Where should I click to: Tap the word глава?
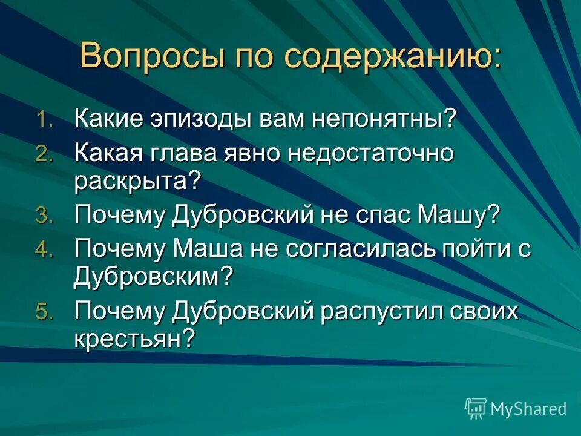pyautogui.click(x=185, y=153)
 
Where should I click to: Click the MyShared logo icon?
pyautogui.click(x=476, y=408)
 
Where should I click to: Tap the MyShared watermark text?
pyautogui.click(x=528, y=409)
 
